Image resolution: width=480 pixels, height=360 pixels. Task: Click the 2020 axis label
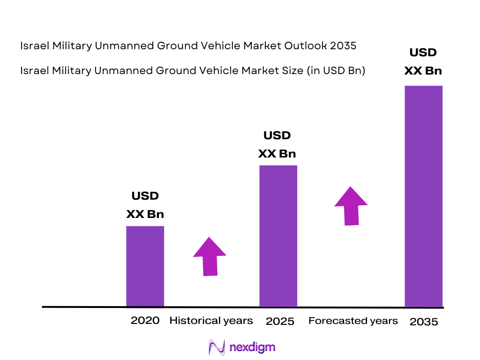click(x=145, y=321)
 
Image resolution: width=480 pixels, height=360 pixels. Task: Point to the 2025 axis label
click(x=280, y=321)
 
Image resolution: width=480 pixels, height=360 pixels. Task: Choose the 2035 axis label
click(x=424, y=322)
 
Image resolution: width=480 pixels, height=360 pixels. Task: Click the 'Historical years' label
click(x=211, y=321)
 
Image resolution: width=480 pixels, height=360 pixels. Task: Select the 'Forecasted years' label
click(x=353, y=321)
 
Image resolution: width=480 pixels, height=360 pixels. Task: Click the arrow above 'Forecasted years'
click(x=351, y=206)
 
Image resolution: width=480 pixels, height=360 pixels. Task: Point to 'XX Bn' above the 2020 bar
click(x=145, y=214)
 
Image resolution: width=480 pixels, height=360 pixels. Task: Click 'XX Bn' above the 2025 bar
click(x=277, y=154)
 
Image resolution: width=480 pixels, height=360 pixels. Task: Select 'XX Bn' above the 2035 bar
click(x=423, y=71)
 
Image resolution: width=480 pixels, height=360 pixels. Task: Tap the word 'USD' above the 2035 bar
click(x=423, y=52)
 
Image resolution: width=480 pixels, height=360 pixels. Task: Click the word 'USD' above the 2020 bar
click(x=145, y=196)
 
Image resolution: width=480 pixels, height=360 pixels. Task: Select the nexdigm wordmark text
click(x=252, y=347)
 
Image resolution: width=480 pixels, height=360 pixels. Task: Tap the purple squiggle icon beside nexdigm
click(x=217, y=347)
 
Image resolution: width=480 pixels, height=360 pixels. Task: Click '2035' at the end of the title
click(x=343, y=46)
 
